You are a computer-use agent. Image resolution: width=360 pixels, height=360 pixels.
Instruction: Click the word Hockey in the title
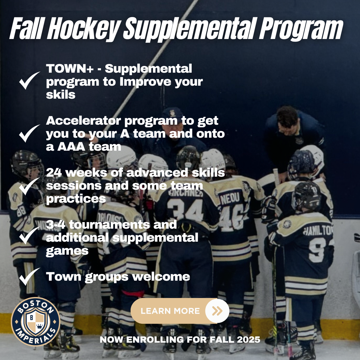coord(84,29)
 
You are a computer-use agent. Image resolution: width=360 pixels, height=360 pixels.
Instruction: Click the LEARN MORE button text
coord(170,311)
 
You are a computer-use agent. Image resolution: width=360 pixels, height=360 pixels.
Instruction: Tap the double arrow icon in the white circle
coord(217,311)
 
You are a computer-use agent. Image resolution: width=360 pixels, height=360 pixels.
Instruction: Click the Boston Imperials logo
coord(36,321)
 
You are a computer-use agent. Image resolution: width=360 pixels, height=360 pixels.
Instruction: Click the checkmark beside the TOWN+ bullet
coord(29,80)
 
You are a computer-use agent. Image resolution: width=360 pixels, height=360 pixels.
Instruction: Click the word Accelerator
coord(83,121)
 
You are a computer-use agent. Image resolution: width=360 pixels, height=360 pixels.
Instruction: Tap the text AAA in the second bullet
coord(71,147)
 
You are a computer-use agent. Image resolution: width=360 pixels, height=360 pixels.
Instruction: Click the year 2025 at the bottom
coord(248,339)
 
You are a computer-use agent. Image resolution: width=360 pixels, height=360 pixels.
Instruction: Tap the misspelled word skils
coord(61,94)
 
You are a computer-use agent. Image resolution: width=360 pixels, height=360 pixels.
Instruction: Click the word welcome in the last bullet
coord(161,277)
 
